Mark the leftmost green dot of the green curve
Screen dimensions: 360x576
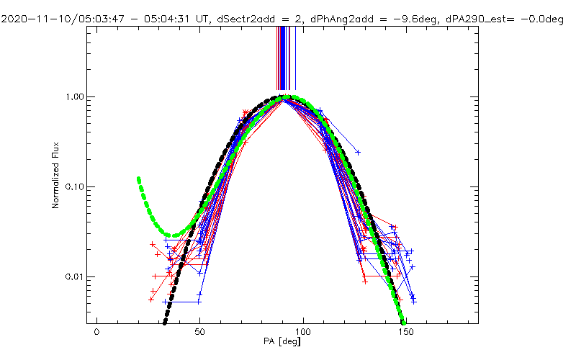[138, 179]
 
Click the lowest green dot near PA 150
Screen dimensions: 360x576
[403, 321]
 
